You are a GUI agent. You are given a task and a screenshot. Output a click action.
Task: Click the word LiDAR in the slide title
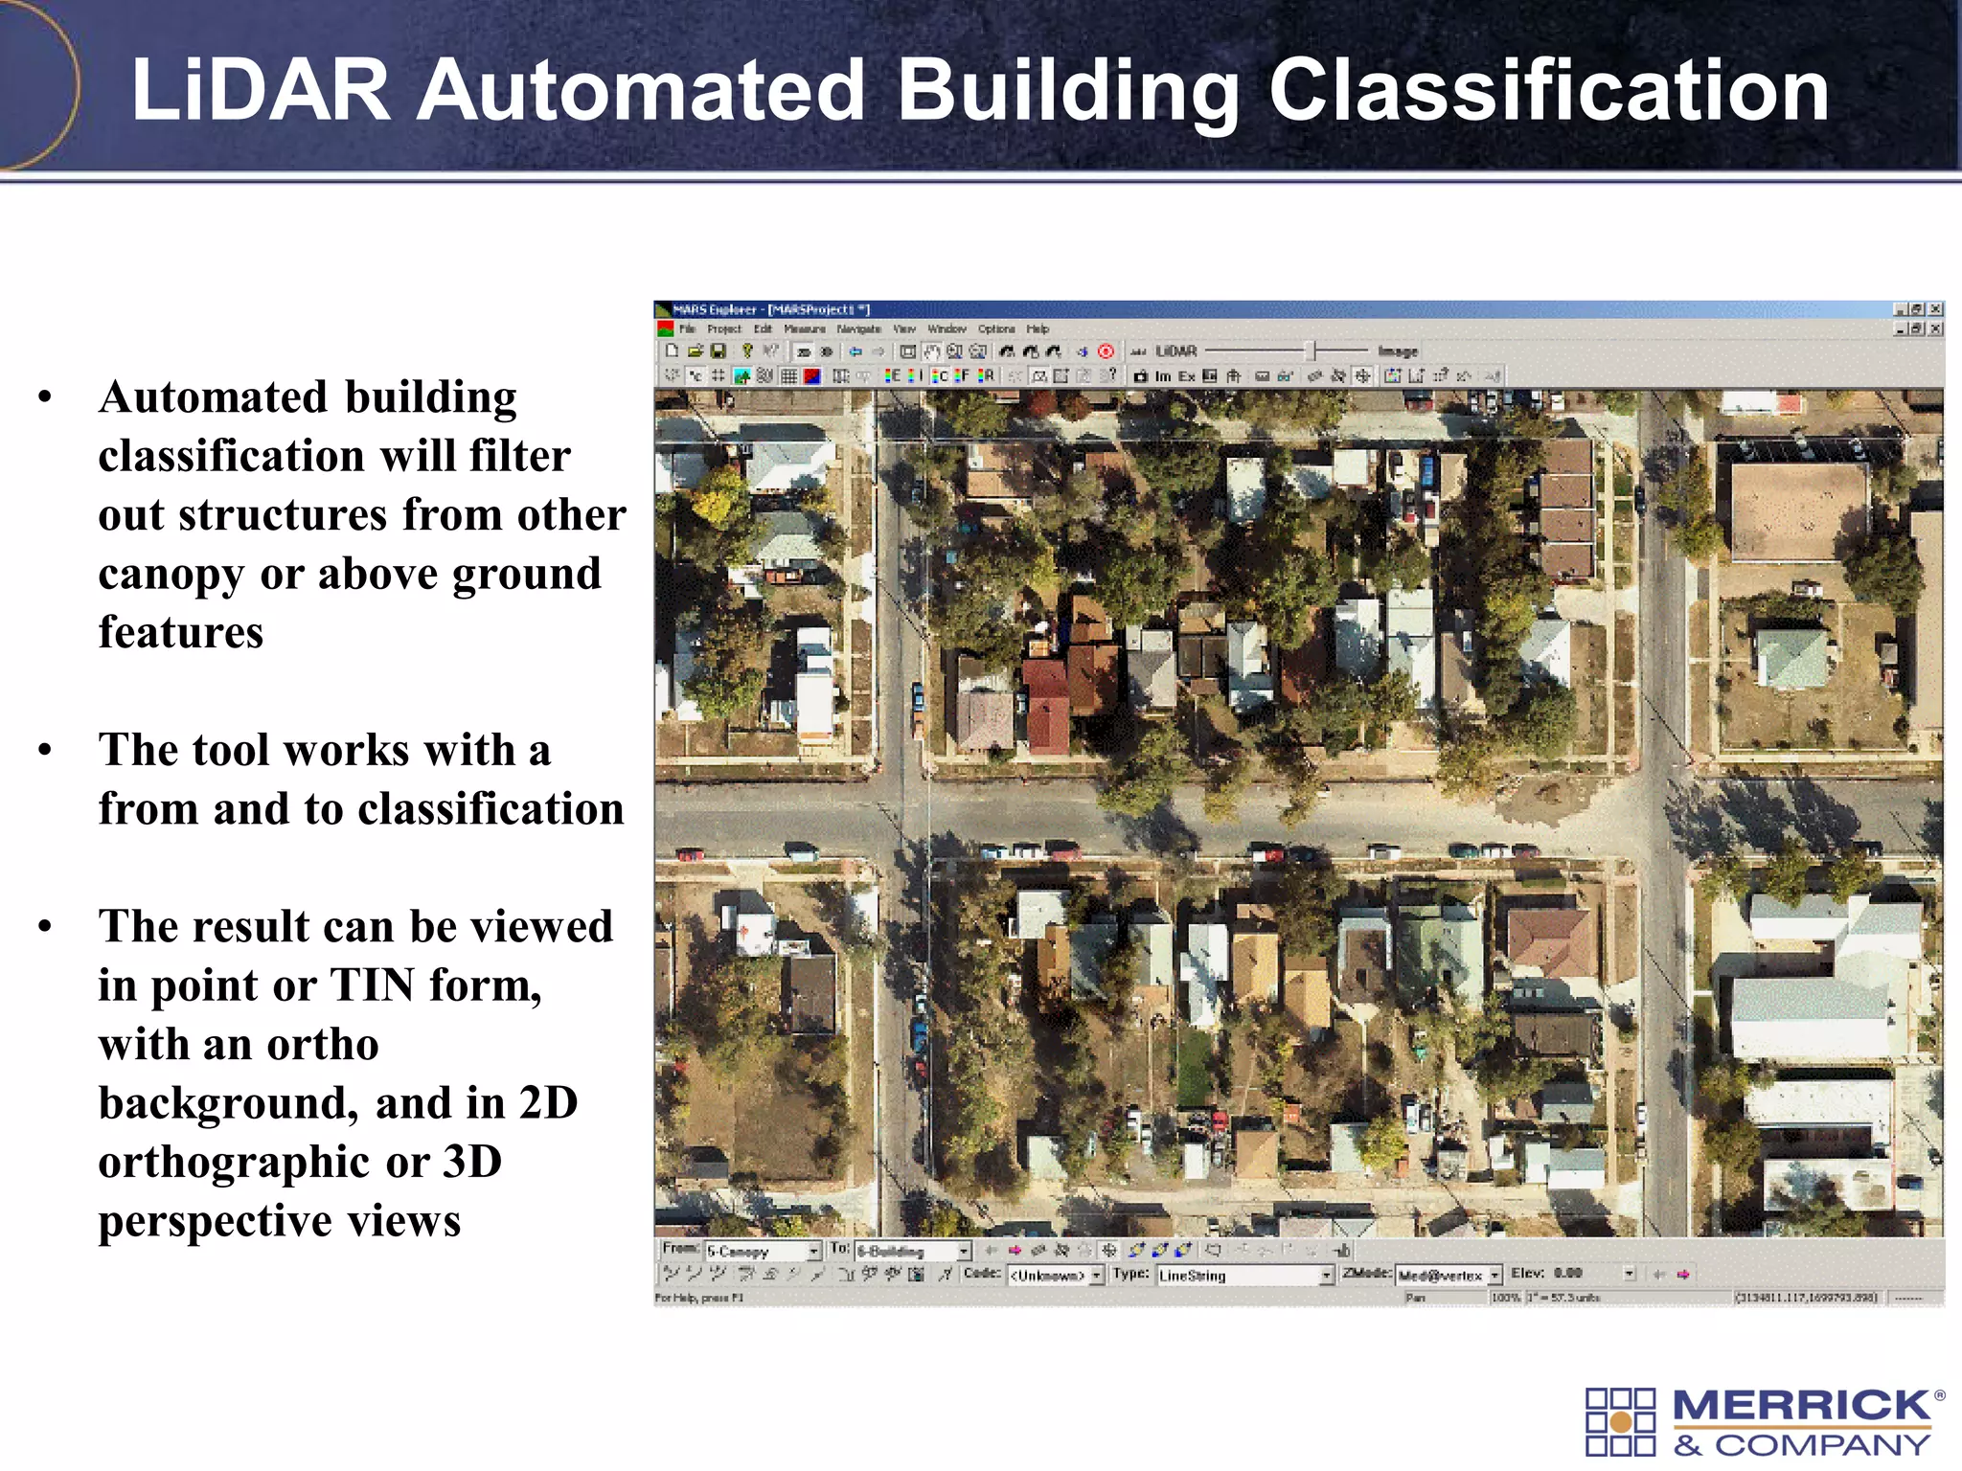click(261, 90)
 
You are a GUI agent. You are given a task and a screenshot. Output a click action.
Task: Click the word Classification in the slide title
click(1548, 90)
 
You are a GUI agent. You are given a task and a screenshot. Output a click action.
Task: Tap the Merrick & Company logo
click(1764, 1421)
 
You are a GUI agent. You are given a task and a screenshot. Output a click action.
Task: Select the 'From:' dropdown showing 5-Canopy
click(763, 1251)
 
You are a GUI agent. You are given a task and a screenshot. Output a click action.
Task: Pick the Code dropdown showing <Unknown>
click(1055, 1275)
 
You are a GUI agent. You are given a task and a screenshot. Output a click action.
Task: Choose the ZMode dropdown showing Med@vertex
click(1448, 1275)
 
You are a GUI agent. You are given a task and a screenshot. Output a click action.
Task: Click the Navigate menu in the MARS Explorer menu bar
click(858, 328)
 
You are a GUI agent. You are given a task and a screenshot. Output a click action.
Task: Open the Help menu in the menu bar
click(1038, 328)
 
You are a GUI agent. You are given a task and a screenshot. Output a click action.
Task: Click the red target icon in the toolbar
click(1106, 351)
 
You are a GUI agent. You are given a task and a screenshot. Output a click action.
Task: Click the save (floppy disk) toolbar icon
click(718, 351)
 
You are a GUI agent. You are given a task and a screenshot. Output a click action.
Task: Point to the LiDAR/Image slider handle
click(1314, 351)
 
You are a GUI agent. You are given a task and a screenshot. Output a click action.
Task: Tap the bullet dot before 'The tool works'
click(45, 750)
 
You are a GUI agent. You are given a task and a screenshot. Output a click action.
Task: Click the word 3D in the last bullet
click(472, 1162)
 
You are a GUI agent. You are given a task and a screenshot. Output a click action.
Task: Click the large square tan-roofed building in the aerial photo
click(1797, 510)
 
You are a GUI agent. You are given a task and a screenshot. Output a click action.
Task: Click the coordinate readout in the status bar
click(1805, 1298)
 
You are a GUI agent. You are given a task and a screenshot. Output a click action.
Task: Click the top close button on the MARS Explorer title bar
click(1935, 309)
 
